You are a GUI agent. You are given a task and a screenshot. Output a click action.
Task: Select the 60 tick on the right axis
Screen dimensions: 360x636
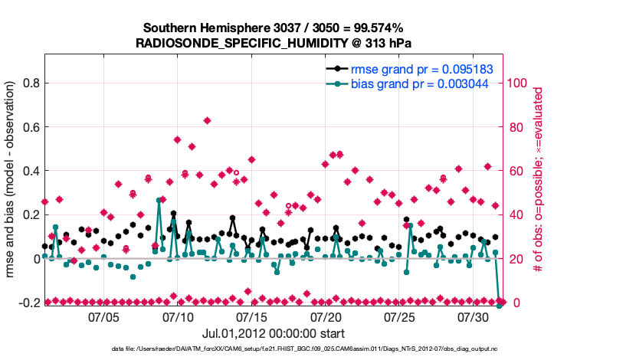[x=514, y=171]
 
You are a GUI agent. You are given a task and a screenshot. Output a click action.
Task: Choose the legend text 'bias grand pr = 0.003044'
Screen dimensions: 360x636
[x=420, y=83]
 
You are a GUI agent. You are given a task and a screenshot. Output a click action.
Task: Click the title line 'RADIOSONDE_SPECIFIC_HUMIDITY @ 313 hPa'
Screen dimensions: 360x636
[x=274, y=43]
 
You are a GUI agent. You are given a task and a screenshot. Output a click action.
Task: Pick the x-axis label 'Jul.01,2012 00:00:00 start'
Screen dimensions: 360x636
[x=274, y=333]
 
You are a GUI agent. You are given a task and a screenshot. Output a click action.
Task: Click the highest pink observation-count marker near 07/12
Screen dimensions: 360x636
[x=207, y=120]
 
